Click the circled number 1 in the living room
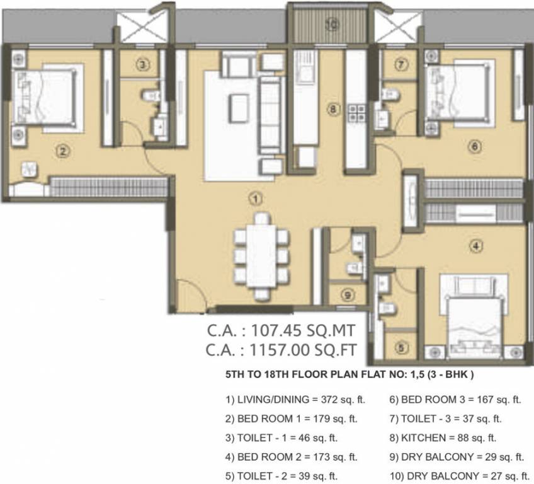[254, 199]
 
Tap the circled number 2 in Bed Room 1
[62, 151]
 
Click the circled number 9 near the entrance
[347, 294]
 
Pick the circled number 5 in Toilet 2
[401, 346]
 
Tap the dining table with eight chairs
[261, 256]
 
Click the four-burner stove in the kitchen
[357, 113]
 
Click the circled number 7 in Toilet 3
[402, 63]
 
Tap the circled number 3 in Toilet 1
[144, 64]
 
